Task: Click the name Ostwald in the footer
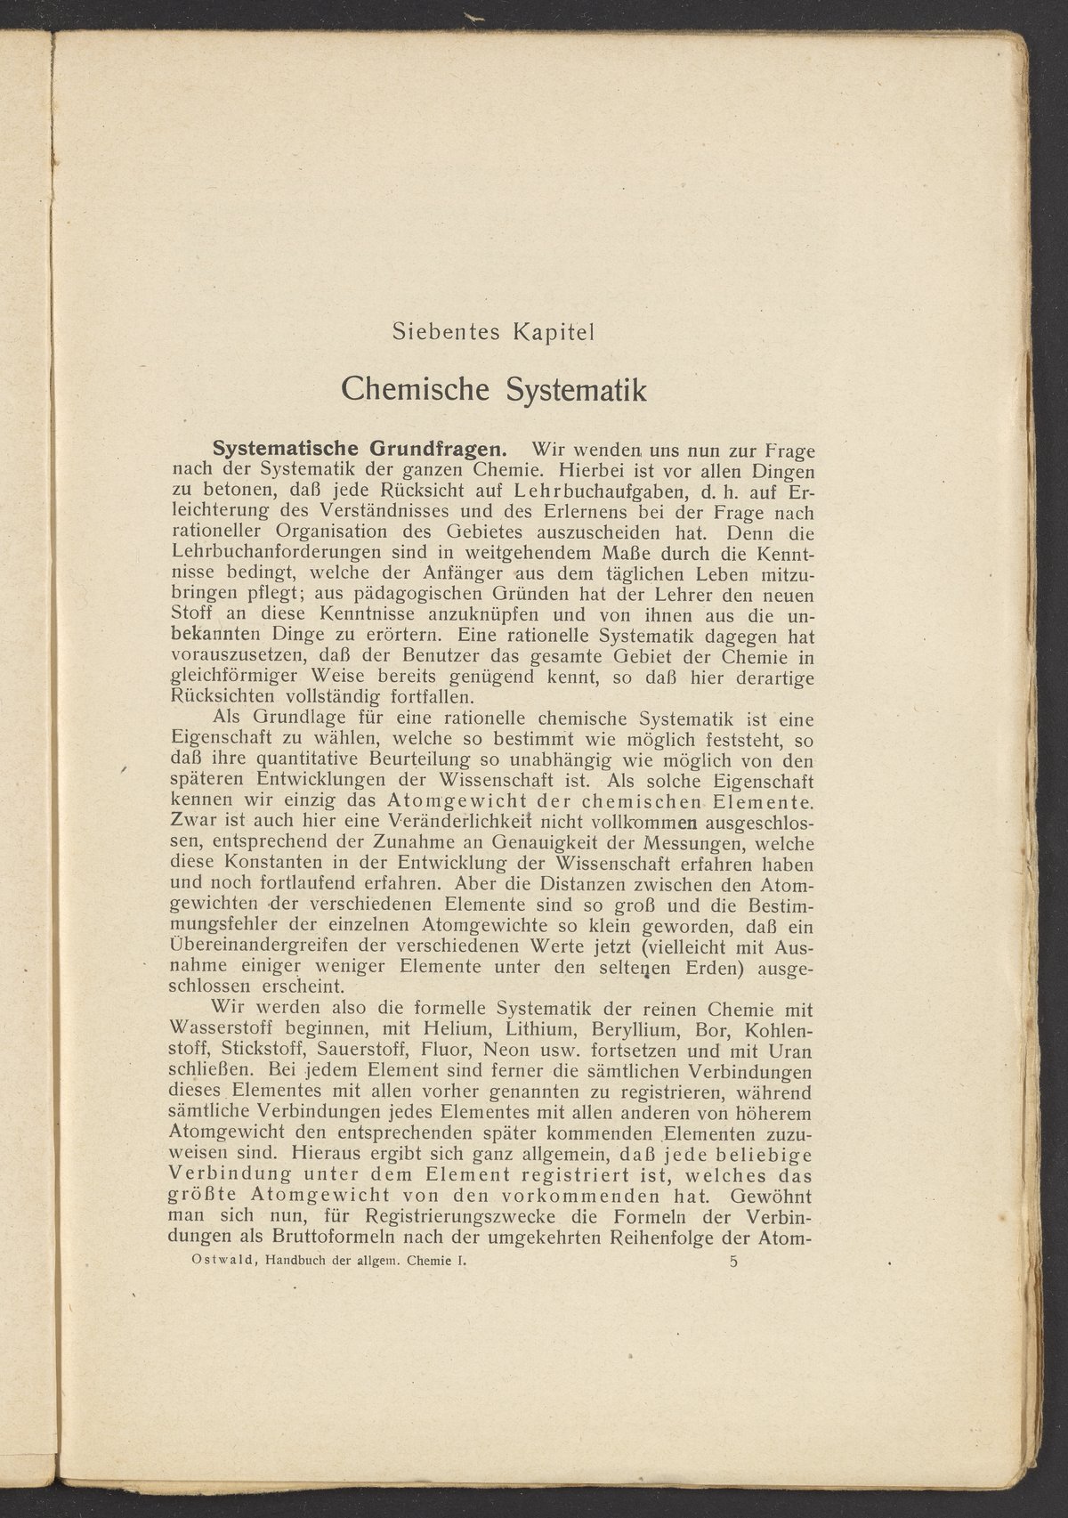pyautogui.click(x=195, y=1261)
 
